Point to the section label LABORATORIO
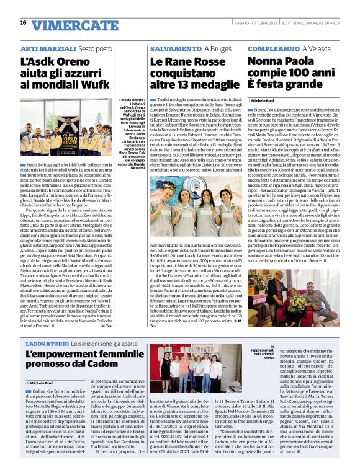(47, 343)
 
